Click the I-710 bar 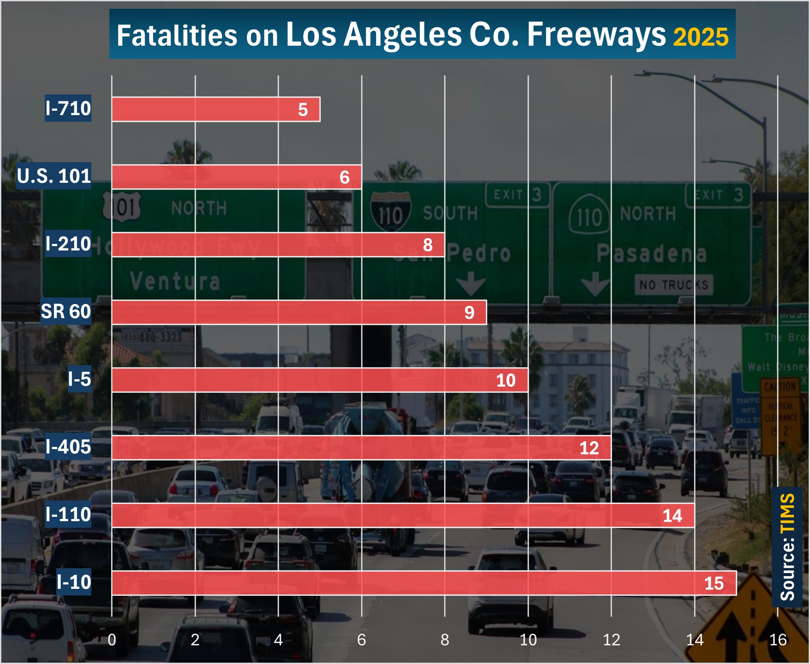[x=216, y=109]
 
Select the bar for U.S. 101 [x=236, y=177]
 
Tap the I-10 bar [x=423, y=583]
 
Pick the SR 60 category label [x=66, y=312]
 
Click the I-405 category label [x=68, y=447]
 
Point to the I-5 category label [x=79, y=379]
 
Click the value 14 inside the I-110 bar [x=672, y=516]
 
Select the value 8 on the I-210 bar [x=427, y=245]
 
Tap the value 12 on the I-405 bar [x=589, y=448]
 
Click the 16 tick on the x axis [x=777, y=640]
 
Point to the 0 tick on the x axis [x=112, y=640]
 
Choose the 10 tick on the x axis [x=528, y=640]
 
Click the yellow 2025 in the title [x=701, y=37]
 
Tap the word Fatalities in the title [x=177, y=36]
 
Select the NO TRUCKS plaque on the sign [x=674, y=285]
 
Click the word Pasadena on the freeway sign [x=651, y=254]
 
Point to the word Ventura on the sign [x=175, y=281]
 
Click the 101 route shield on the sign [x=122, y=207]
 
